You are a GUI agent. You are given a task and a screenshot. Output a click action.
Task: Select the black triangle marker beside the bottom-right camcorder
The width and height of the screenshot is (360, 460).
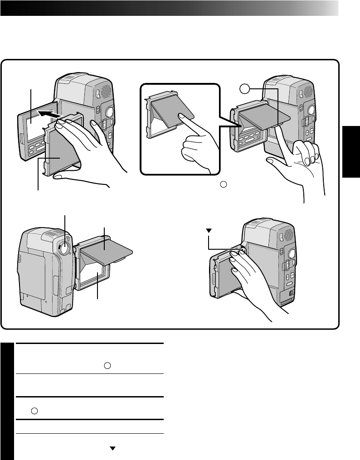tap(209, 231)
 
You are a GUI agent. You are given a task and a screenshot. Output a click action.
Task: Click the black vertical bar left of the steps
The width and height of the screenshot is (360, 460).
tap(7, 401)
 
